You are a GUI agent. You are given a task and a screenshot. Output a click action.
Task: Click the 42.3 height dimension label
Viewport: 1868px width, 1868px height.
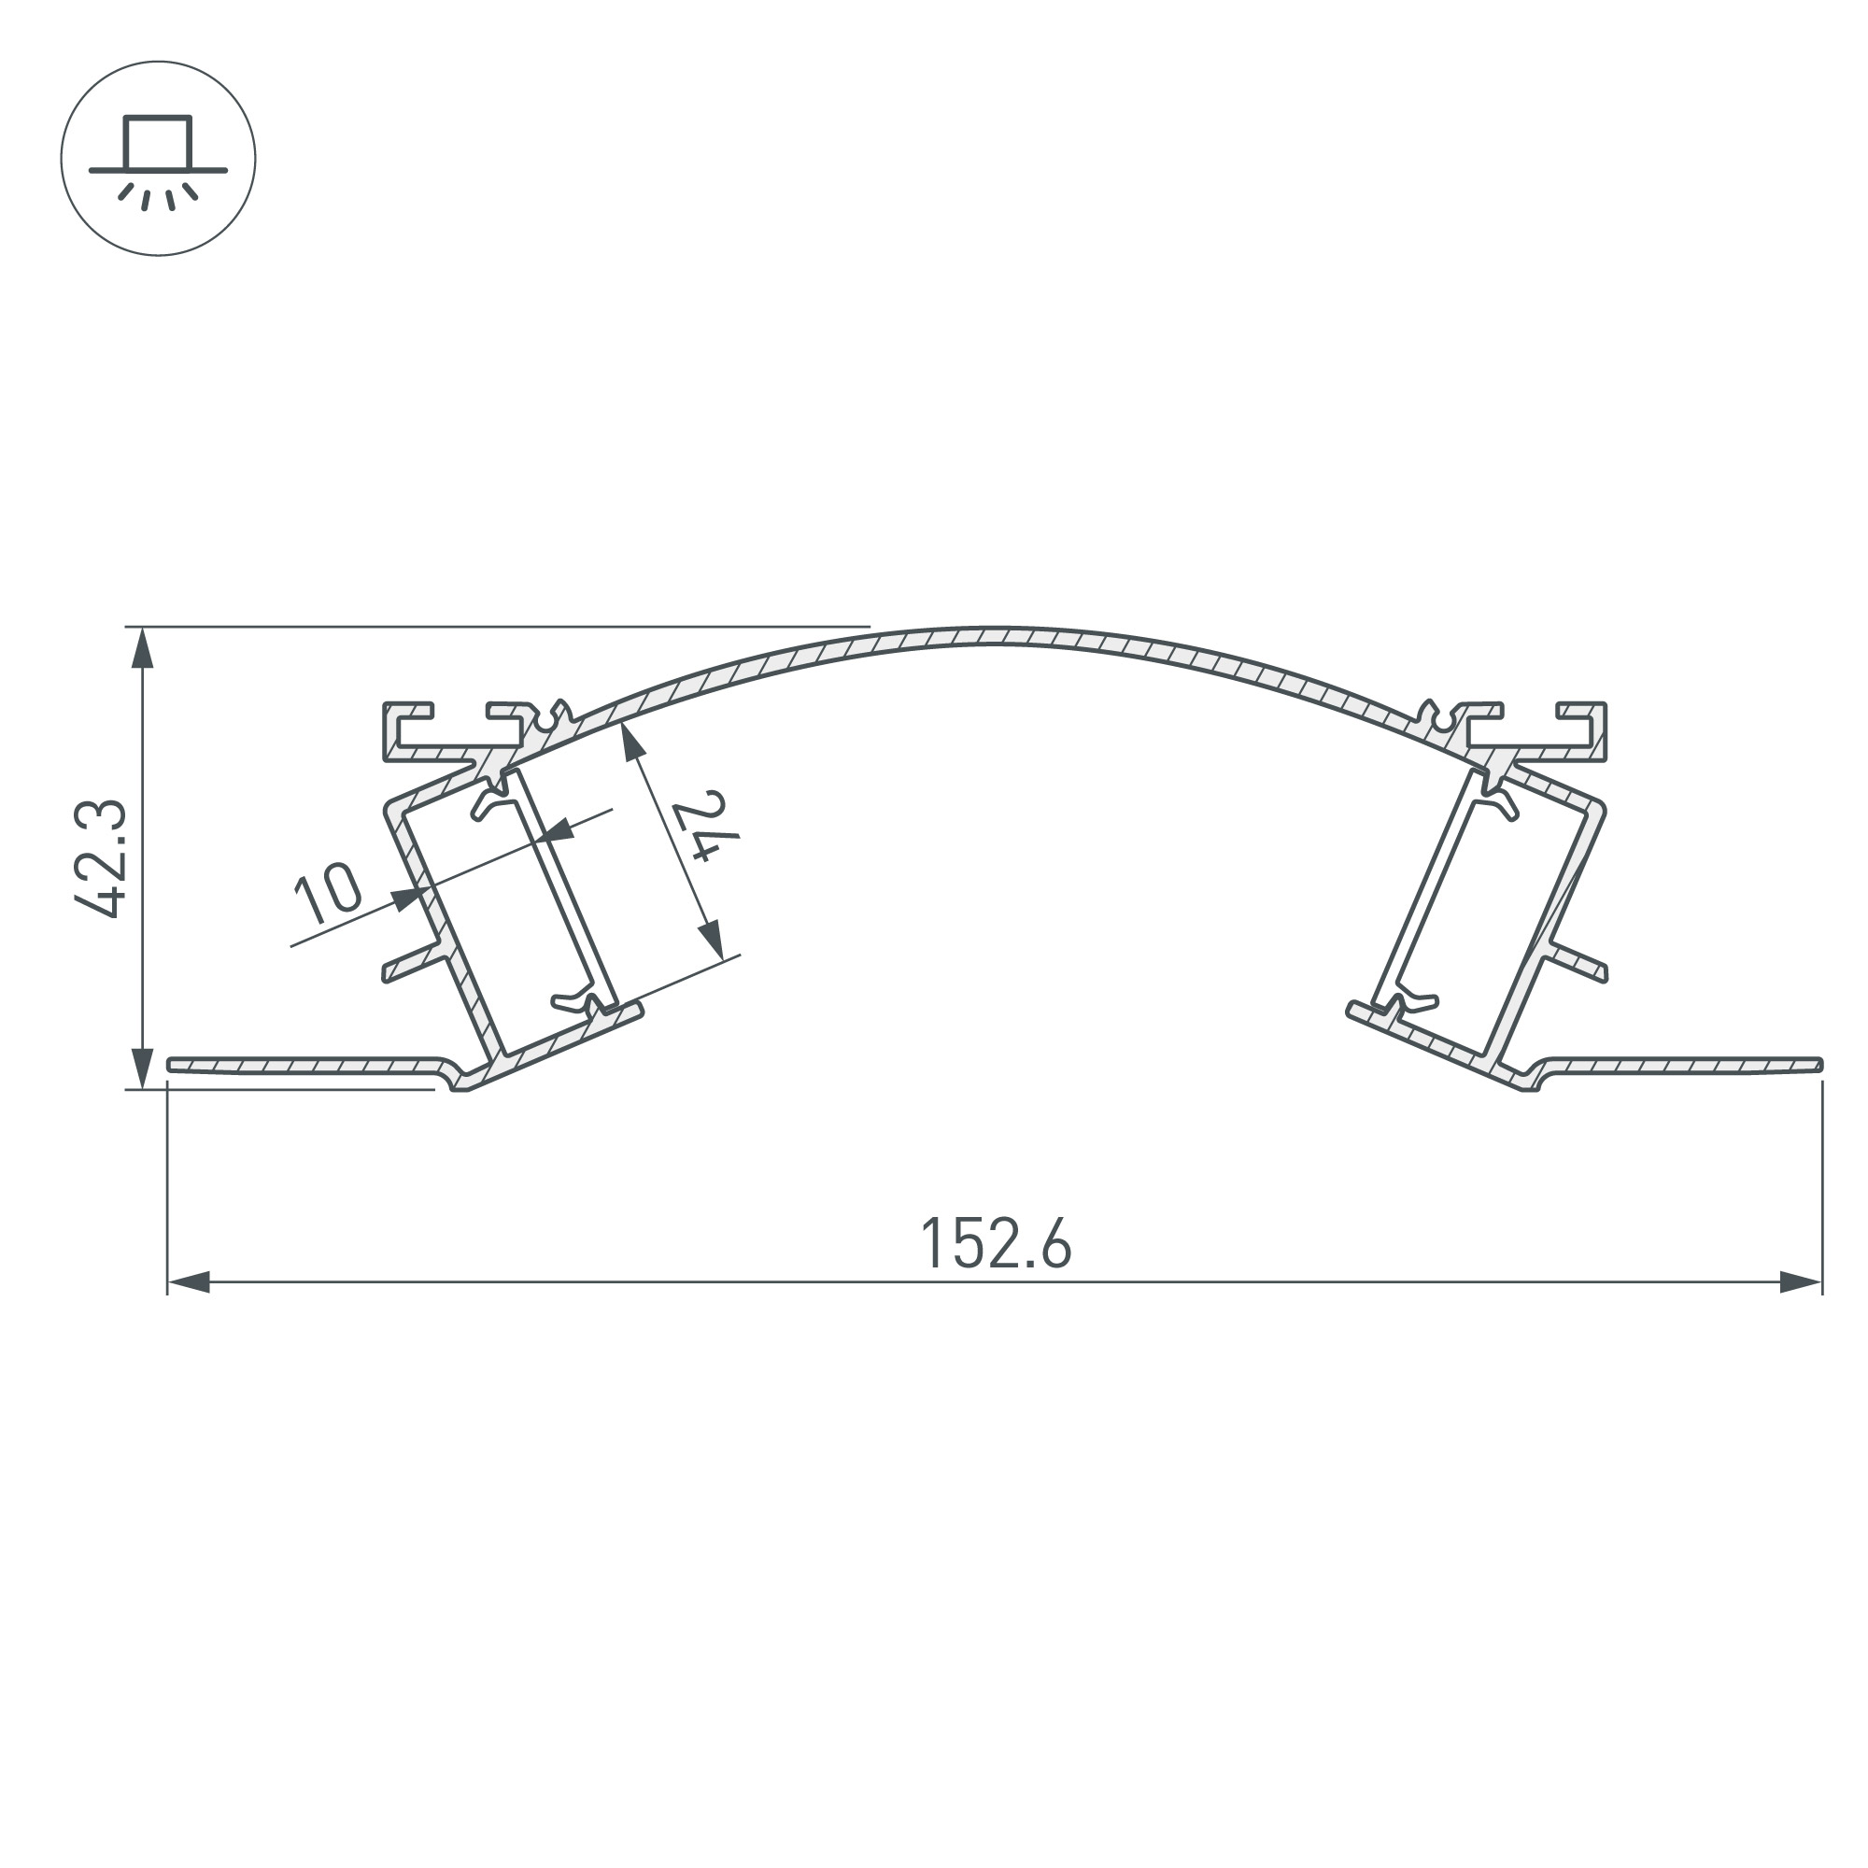(x=101, y=857)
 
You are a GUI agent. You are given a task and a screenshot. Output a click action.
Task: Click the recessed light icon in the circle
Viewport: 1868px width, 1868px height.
(x=158, y=159)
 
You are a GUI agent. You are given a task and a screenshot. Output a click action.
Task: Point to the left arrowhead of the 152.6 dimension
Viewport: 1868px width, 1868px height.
(x=190, y=1283)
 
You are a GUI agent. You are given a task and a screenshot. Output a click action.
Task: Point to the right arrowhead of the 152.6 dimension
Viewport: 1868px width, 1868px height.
(x=1801, y=1283)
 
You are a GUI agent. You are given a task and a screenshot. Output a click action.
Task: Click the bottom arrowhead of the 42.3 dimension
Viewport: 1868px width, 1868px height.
(x=142, y=1068)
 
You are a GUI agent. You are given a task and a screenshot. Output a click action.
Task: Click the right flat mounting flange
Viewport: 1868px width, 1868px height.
(x=1682, y=1065)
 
